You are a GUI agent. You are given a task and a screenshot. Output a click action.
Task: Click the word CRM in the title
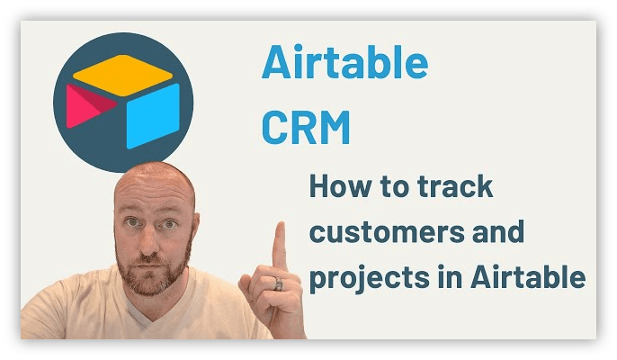306,127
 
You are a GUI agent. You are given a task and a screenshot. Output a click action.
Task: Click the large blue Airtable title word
344,62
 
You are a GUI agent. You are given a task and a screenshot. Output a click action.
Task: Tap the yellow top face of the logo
122,75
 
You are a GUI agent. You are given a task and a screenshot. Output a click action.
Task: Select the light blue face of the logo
153,116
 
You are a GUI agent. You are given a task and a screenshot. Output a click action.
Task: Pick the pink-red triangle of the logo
87,106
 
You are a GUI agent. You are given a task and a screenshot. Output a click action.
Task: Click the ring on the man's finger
279,283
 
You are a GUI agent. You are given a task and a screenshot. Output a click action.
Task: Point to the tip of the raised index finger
281,224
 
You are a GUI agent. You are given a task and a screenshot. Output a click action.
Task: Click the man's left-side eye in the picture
133,222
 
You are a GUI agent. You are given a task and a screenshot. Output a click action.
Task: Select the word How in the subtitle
340,186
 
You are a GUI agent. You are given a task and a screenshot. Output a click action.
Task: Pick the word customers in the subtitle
387,233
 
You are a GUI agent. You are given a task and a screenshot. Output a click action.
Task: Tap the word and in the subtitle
498,231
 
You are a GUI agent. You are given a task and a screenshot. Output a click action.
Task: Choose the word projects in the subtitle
369,278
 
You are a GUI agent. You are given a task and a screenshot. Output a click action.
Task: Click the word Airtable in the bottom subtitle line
528,277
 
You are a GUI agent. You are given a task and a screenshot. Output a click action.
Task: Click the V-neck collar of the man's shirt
142,315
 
